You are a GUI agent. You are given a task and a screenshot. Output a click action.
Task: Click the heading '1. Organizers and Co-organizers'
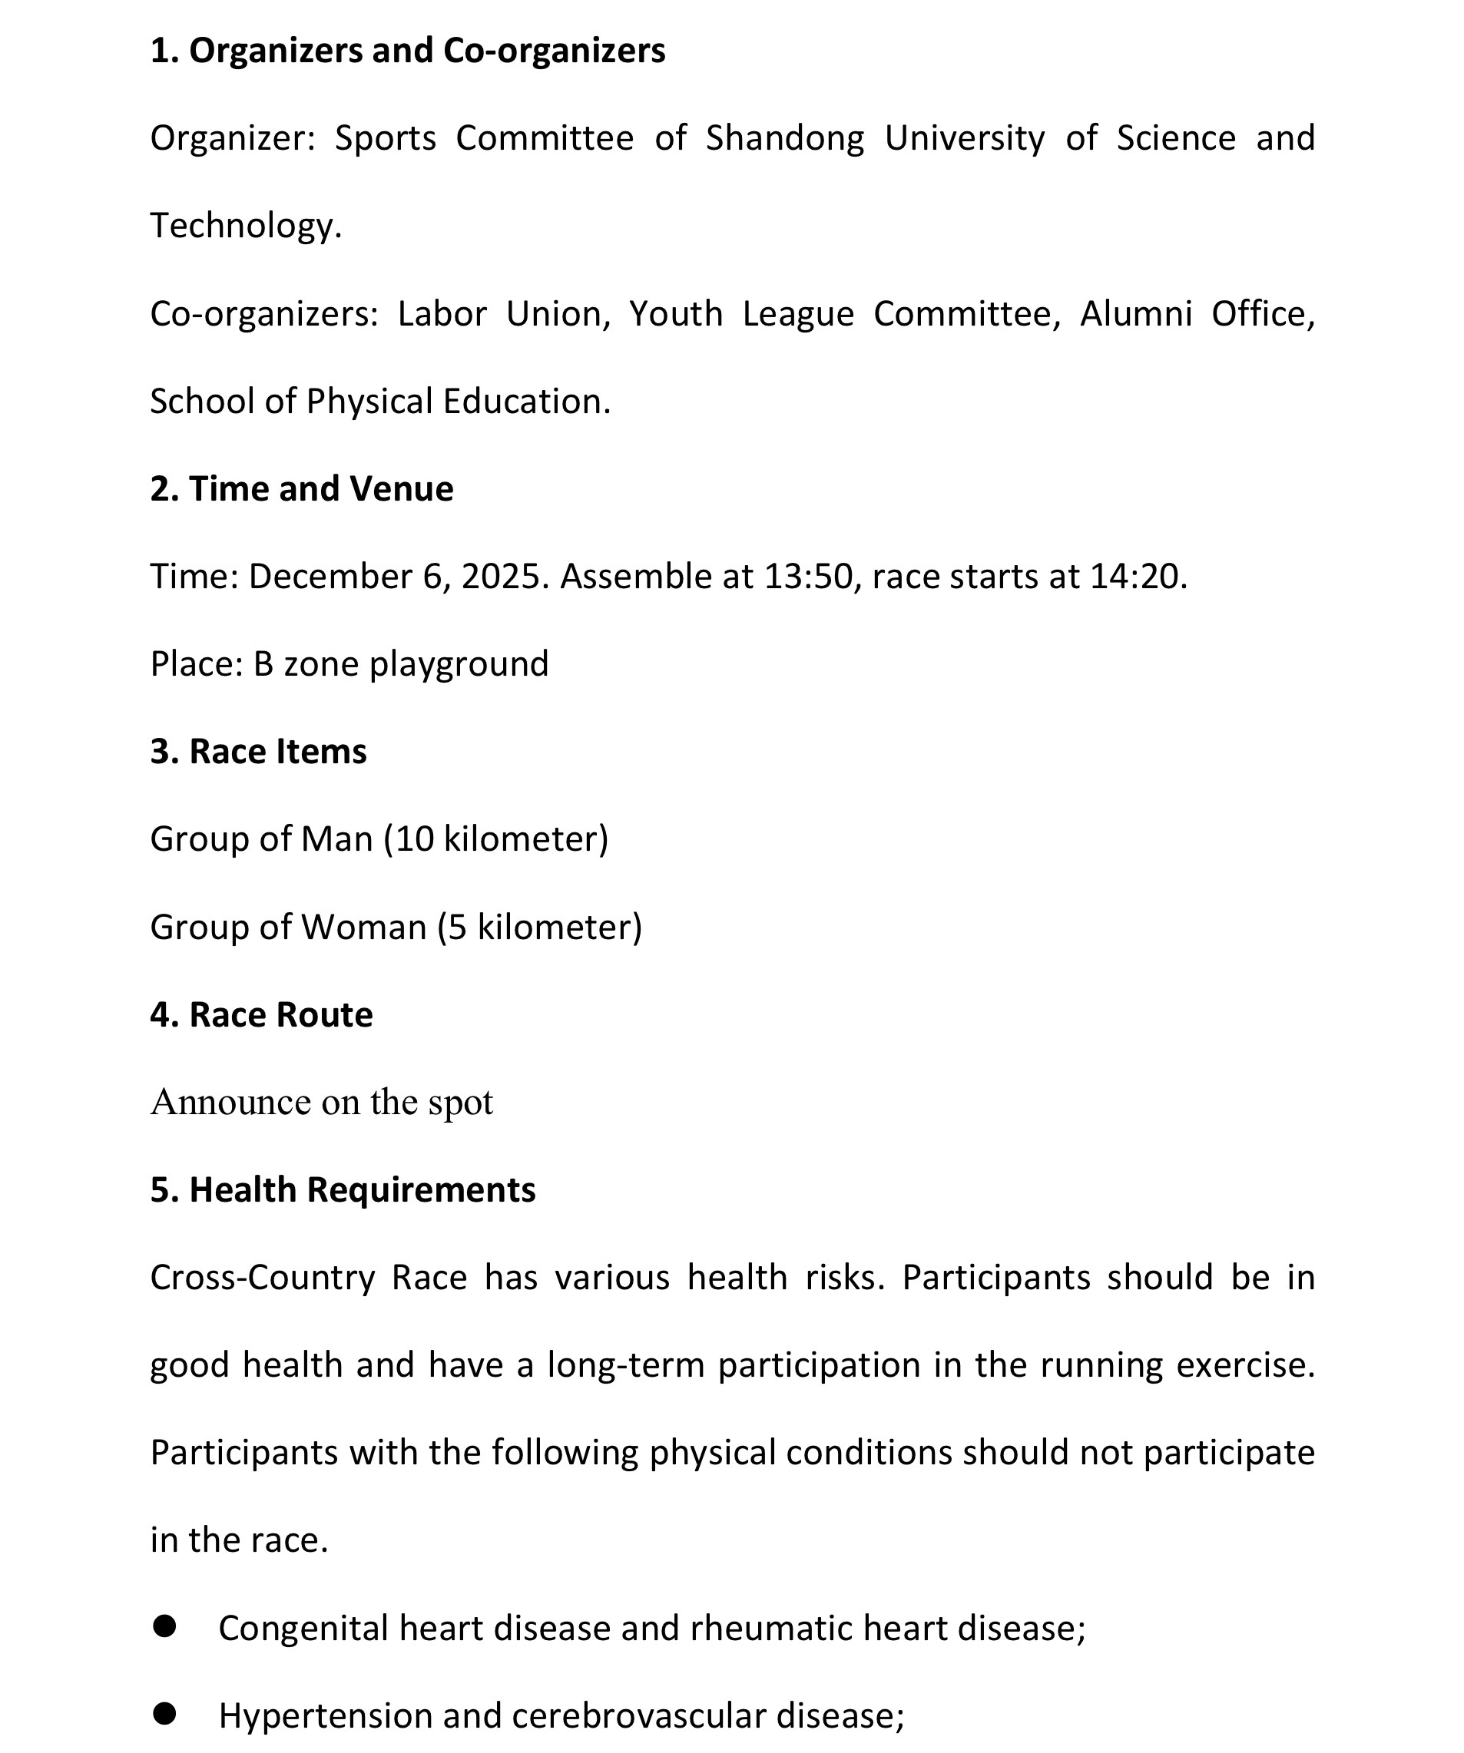(408, 51)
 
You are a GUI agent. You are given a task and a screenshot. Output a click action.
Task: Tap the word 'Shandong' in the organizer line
(784, 138)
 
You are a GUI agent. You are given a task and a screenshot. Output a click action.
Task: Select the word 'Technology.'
(246, 227)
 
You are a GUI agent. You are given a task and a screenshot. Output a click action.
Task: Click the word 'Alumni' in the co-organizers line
(1135, 314)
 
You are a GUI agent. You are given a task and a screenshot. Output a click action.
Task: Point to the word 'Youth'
(676, 314)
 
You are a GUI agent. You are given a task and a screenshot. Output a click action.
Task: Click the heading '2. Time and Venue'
(302, 489)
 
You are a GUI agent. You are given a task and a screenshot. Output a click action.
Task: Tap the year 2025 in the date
(500, 577)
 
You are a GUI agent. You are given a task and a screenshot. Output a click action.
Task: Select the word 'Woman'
(363, 928)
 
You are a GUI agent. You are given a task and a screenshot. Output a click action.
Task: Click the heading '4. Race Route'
(261, 1015)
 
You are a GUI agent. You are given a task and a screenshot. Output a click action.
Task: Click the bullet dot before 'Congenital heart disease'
(164, 1626)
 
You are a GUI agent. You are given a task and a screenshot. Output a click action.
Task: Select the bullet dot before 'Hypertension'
(164, 1713)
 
